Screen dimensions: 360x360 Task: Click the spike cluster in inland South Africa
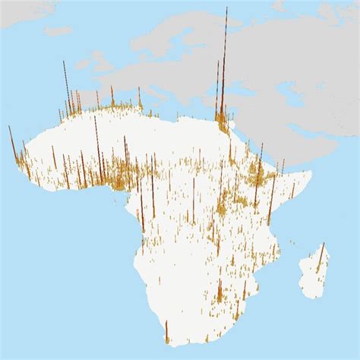pos(219,292)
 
